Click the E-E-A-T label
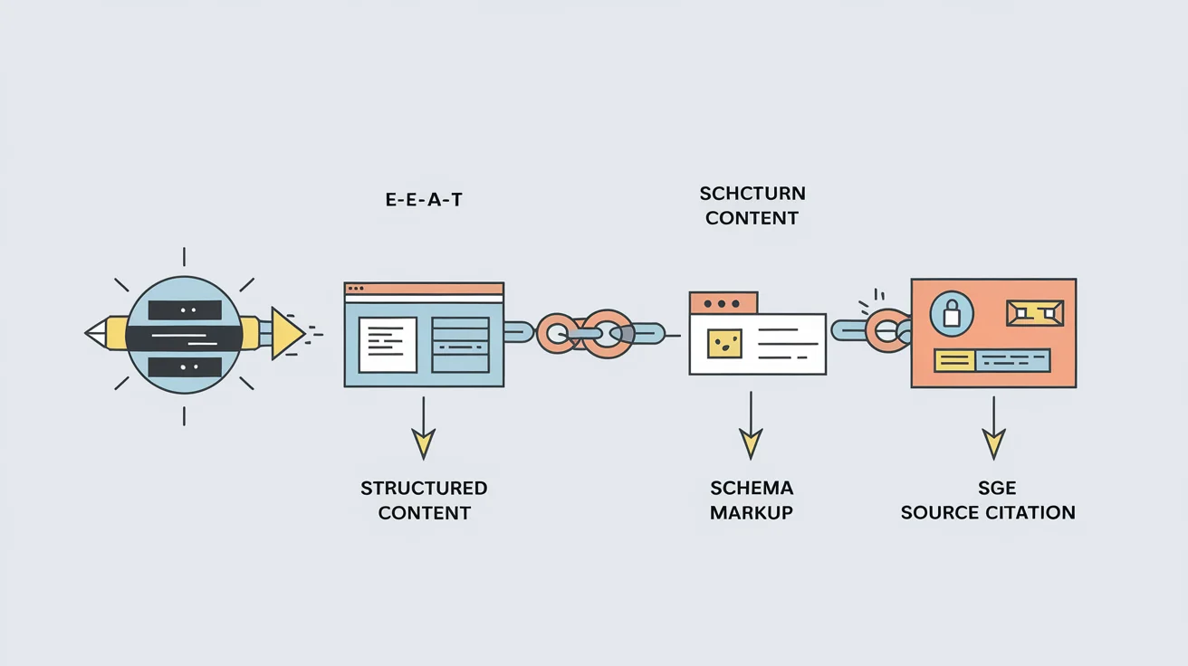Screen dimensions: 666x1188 click(424, 200)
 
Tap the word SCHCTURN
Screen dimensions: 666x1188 click(752, 194)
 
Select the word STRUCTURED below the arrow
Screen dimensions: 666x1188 click(424, 488)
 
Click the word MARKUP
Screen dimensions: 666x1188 click(752, 512)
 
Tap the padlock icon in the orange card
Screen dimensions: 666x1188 click(951, 313)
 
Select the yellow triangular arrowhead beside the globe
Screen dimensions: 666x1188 click(286, 333)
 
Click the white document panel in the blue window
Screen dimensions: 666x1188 click(388, 344)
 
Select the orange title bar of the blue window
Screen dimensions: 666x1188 click(424, 289)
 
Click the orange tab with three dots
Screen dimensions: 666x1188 click(723, 302)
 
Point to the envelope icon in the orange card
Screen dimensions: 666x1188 click(1035, 313)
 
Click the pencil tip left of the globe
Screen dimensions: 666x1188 click(94, 333)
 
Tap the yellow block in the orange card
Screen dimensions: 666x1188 click(953, 361)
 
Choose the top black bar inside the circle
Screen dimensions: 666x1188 click(185, 309)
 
